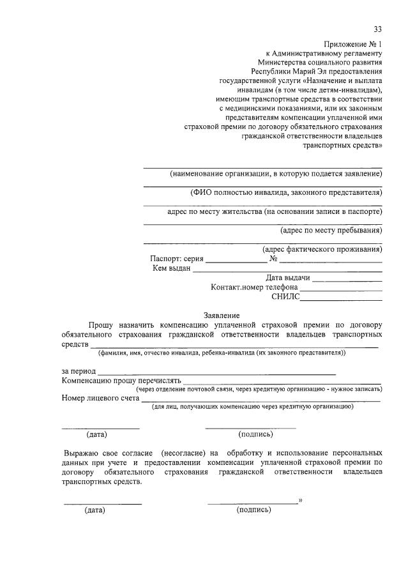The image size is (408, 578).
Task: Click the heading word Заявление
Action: click(222, 316)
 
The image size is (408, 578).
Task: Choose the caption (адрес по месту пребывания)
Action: click(331, 231)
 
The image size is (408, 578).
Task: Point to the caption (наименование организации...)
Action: click(276, 174)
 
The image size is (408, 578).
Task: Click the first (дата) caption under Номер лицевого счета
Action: click(97, 435)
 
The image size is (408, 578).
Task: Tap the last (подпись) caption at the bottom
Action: click(253, 510)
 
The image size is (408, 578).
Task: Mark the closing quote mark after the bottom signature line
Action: click(299, 500)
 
